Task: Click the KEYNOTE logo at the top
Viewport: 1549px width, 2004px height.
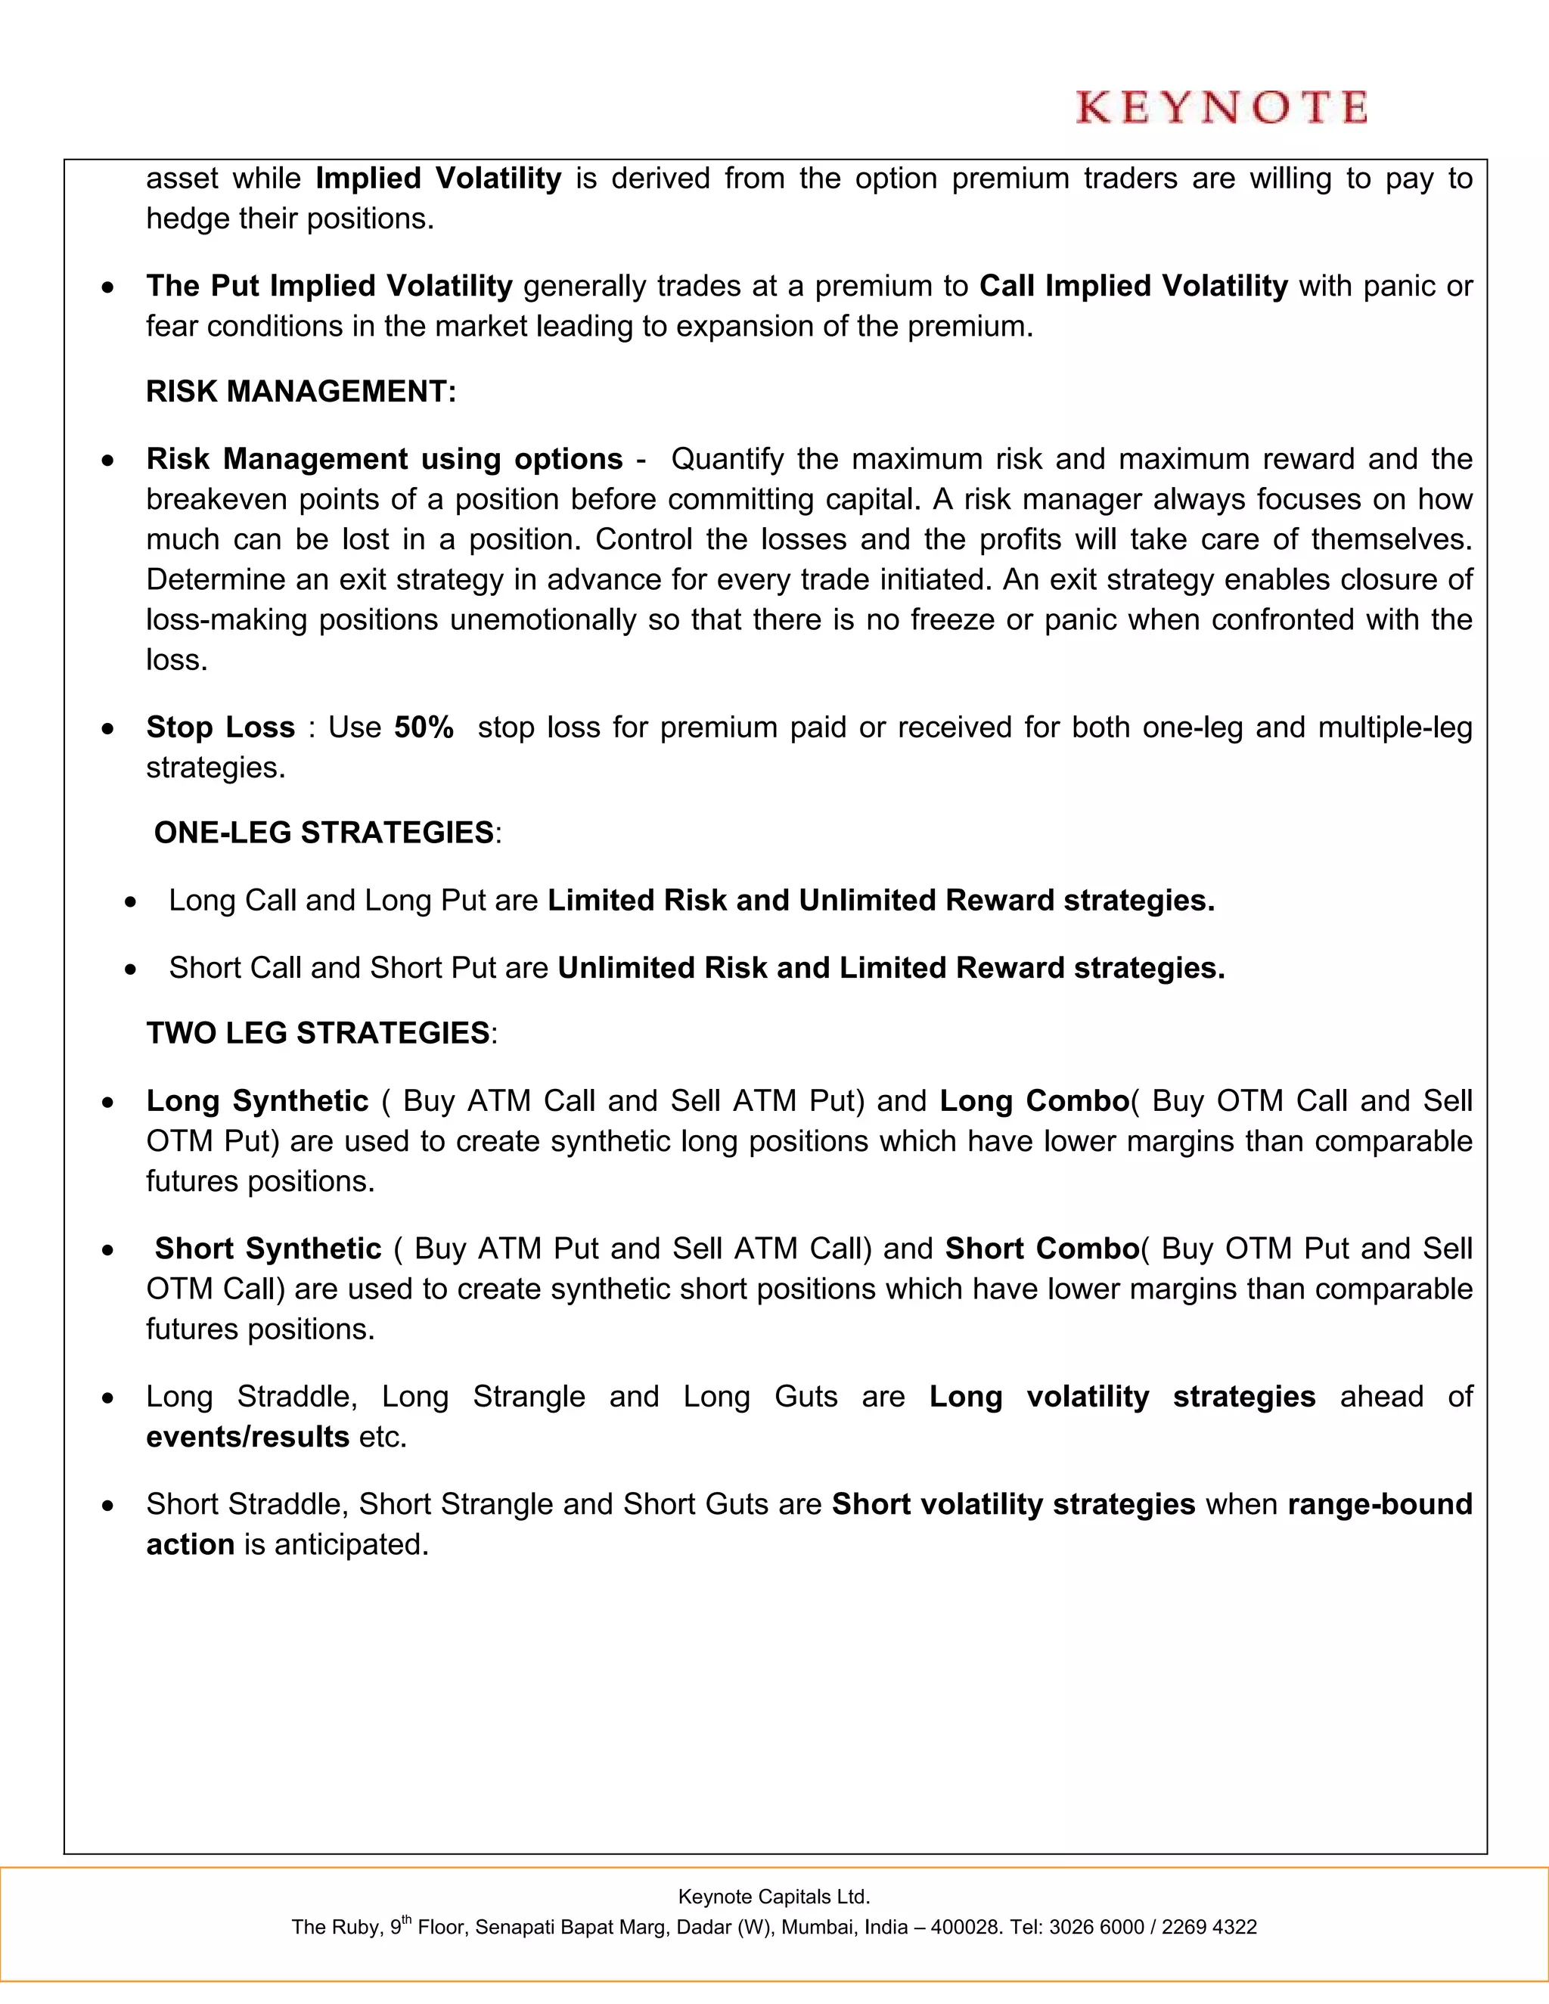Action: pyautogui.click(x=1221, y=107)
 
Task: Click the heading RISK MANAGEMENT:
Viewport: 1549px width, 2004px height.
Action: pyautogui.click(x=301, y=392)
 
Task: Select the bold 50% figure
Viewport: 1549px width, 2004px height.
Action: pyautogui.click(x=424, y=727)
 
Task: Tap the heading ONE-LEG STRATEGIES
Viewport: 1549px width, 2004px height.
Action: pyautogui.click(x=324, y=833)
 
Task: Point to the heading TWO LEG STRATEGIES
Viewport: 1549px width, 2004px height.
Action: pyautogui.click(x=318, y=1033)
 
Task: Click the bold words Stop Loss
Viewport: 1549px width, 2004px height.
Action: pyautogui.click(x=220, y=727)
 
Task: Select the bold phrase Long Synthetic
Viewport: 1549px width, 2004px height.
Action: pyautogui.click(x=257, y=1101)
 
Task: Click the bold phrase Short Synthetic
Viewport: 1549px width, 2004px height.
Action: pyautogui.click(x=267, y=1249)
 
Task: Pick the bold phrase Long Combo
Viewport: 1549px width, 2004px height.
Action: pyautogui.click(x=1033, y=1101)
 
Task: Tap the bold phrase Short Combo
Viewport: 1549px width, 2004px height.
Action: pyautogui.click(x=1041, y=1249)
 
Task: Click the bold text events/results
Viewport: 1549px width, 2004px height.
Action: pyautogui.click(x=248, y=1437)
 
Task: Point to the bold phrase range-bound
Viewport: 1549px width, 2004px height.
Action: pyautogui.click(x=1380, y=1505)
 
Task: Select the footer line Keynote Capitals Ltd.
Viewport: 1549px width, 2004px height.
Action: pyautogui.click(x=774, y=1897)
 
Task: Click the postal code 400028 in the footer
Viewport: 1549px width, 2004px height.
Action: pyautogui.click(x=964, y=1928)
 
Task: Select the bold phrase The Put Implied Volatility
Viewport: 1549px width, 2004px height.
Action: pyautogui.click(x=328, y=287)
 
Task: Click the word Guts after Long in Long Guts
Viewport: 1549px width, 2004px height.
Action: pyautogui.click(x=806, y=1397)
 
